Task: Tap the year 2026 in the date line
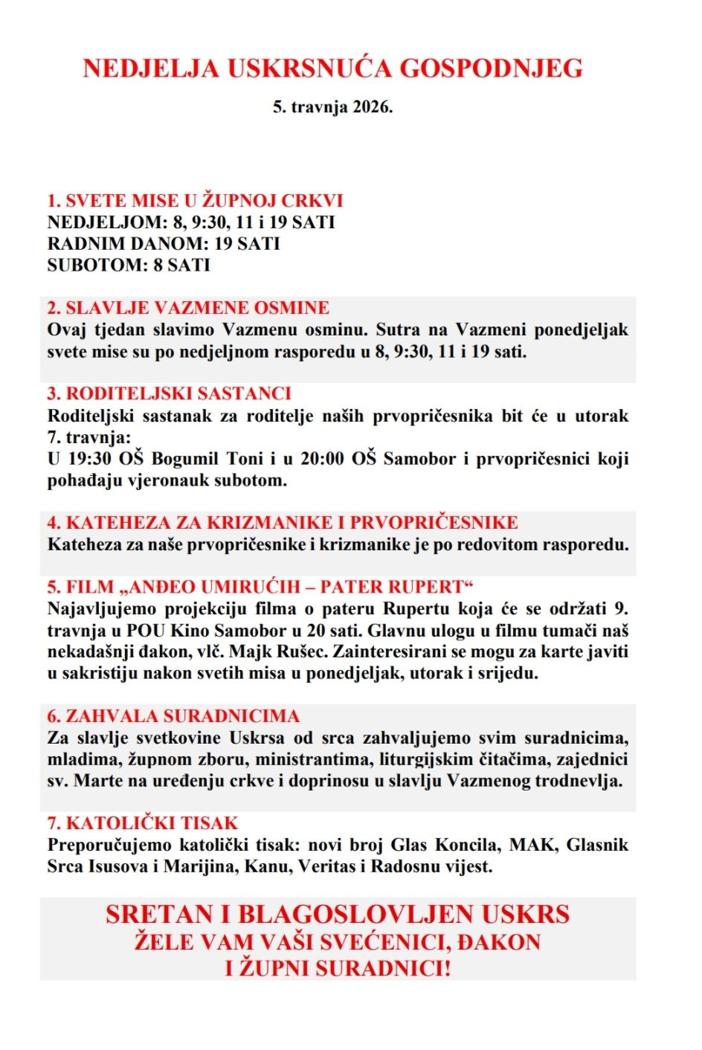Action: pos(371,107)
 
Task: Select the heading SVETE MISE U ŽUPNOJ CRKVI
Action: pos(195,201)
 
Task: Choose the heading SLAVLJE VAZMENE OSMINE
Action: pos(188,308)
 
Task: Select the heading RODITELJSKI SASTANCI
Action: pos(170,394)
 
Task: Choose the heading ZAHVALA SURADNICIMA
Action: pos(173,717)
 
